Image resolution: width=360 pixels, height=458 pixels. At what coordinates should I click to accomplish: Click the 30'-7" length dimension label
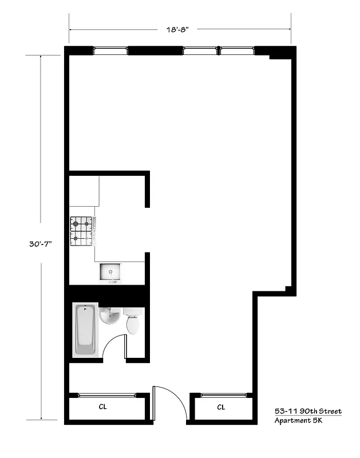point(41,243)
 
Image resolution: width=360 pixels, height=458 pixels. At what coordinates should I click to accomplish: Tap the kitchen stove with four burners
point(81,231)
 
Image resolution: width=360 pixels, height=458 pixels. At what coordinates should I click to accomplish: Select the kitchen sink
point(109,273)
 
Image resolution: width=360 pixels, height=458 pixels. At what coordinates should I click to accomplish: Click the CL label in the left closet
point(103,407)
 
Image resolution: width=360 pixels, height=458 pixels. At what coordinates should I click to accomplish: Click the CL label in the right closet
point(221,407)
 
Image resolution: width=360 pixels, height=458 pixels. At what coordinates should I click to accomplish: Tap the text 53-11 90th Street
point(308,411)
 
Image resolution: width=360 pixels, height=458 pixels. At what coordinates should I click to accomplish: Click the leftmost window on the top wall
point(110,50)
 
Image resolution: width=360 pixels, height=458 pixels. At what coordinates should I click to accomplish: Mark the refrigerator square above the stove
point(84,191)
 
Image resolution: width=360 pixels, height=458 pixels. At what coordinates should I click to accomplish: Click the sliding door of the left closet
point(107,394)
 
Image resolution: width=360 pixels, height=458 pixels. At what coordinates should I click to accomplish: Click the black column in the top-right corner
point(280,53)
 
